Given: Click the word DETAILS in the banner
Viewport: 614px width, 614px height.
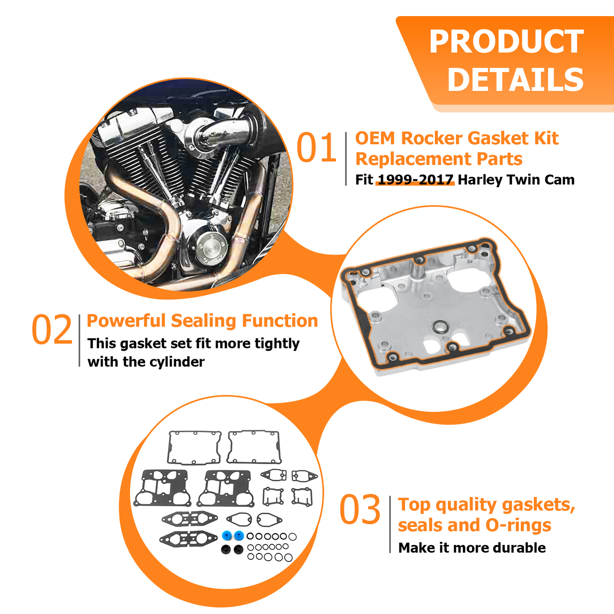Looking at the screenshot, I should (x=515, y=80).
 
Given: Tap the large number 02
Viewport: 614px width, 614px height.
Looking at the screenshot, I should (x=52, y=330).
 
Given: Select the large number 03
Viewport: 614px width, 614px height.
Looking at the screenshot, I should (x=360, y=510).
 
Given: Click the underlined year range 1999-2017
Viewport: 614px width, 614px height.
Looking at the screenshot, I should (x=415, y=180).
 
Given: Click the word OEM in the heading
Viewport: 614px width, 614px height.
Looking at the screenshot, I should (x=375, y=138).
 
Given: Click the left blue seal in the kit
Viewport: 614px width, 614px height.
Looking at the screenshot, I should (x=227, y=535).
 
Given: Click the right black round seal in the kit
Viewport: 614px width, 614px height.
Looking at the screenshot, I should (x=238, y=550).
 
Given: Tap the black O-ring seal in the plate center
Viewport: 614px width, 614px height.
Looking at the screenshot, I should (x=440, y=327).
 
